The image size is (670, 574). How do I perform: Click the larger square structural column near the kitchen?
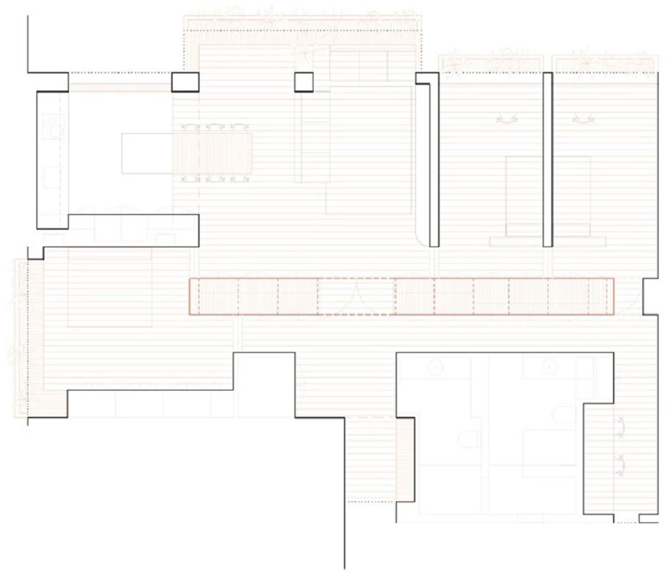(x=185, y=82)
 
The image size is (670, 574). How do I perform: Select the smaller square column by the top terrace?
(x=304, y=82)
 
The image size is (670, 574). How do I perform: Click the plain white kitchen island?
(x=146, y=153)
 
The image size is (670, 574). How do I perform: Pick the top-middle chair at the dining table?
(x=215, y=127)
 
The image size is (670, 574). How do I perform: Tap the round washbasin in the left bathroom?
(x=436, y=367)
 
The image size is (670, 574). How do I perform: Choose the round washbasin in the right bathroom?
(x=549, y=367)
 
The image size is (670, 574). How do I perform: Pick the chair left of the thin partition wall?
(x=507, y=119)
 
